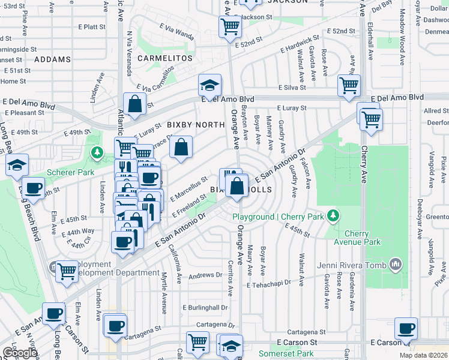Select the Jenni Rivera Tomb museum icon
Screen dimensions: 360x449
coord(396,263)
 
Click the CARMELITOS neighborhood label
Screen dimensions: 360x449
coord(165,58)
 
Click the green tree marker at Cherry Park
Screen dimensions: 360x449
coord(332,215)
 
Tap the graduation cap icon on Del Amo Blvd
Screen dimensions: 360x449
coord(209,85)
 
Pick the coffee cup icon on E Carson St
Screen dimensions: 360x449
coord(406,329)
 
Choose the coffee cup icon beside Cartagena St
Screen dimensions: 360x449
coord(115,326)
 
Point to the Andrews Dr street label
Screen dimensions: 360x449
coord(205,275)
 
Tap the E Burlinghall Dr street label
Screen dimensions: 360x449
coord(205,307)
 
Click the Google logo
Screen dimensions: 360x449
coord(20,353)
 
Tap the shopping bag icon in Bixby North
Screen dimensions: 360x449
coord(181,147)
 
